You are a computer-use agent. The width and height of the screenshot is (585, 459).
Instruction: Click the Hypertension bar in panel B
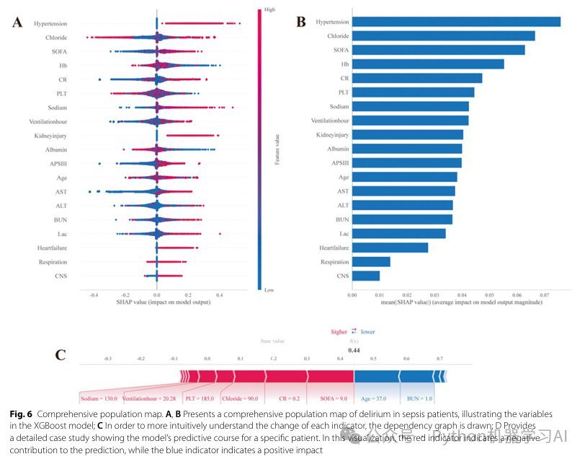[456, 22]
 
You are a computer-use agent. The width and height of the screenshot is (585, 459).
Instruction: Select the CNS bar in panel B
[366, 276]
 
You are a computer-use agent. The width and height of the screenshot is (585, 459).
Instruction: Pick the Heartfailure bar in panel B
[390, 248]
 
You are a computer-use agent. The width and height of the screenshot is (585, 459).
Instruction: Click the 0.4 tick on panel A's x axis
[220, 295]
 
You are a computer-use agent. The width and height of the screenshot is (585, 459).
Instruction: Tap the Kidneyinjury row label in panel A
[51, 136]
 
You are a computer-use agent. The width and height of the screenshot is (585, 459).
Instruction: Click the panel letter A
[17, 23]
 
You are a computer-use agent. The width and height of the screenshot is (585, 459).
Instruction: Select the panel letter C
[61, 354]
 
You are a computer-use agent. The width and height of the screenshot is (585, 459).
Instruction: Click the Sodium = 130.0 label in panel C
[99, 398]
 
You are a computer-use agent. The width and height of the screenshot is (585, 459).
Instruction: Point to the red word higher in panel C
[339, 332]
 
